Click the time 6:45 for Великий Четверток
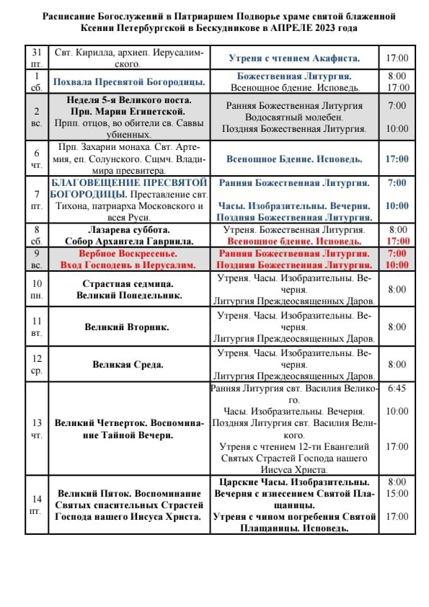(x=397, y=388)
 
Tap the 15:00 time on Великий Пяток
(x=397, y=493)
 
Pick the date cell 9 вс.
(x=36, y=259)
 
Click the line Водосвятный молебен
(x=293, y=117)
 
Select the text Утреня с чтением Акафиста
(x=293, y=57)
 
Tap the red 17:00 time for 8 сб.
(x=397, y=241)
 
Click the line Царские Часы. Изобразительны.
(x=293, y=482)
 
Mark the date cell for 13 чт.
(x=36, y=428)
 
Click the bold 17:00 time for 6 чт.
(x=397, y=159)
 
